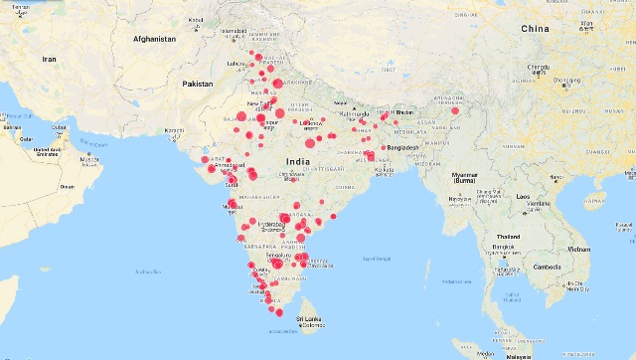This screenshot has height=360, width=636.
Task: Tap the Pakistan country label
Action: click(x=198, y=85)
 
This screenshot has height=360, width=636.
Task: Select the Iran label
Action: click(x=49, y=60)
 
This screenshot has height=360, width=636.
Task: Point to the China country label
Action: click(x=534, y=29)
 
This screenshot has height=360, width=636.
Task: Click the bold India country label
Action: click(x=296, y=160)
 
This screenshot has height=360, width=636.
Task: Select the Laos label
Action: click(x=523, y=196)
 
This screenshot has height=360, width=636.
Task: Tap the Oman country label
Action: click(x=67, y=186)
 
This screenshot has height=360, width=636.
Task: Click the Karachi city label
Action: click(x=175, y=130)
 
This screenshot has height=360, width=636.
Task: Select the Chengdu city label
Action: click(x=540, y=68)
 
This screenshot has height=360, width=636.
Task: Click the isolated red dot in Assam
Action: click(x=454, y=111)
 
